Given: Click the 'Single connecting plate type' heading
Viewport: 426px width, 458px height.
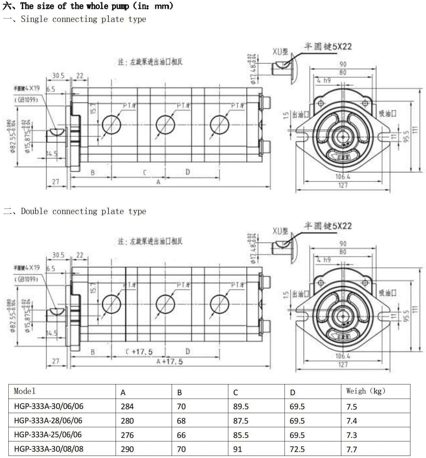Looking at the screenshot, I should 83,19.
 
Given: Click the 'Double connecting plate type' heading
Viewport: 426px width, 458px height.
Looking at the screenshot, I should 83,211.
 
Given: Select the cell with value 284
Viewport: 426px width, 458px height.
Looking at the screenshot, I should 127,406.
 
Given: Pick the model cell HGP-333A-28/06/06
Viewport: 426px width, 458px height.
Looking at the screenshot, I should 48,420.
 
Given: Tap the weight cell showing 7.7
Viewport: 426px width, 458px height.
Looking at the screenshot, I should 351,449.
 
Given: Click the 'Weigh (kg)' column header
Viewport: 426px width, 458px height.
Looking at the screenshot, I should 365,391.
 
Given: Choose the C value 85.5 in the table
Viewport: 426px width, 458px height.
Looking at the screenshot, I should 241,435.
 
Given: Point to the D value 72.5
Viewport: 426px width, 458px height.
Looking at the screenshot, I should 297,449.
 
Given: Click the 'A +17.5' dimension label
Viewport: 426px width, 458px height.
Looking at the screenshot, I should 170,362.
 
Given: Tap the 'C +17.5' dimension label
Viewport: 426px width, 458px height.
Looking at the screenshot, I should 139,352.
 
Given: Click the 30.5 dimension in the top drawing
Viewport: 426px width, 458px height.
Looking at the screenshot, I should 58,76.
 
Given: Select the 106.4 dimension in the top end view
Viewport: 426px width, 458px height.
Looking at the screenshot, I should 343,177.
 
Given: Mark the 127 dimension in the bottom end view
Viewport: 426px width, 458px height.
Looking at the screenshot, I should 343,364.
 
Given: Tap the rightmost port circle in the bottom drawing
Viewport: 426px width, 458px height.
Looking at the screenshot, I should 220,304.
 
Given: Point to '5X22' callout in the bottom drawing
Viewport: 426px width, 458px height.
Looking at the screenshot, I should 342,226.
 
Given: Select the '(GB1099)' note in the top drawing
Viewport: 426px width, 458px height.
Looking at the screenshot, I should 26,100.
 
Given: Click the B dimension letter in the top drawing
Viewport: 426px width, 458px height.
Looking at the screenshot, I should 92,172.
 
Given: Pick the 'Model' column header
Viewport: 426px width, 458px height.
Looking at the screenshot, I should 25,391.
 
